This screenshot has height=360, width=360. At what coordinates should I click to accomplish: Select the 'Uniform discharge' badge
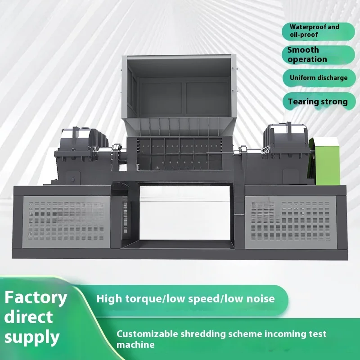point(318,78)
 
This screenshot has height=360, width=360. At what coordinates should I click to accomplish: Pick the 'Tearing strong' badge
point(318,102)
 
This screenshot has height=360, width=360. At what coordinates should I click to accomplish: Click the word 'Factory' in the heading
point(36,297)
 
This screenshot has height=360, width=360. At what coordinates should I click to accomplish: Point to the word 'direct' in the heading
point(29,317)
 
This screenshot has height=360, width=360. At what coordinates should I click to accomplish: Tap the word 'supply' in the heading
point(32,337)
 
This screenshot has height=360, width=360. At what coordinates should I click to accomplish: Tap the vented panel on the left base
point(65,221)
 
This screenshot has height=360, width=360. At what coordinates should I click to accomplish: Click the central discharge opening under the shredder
point(184,211)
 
